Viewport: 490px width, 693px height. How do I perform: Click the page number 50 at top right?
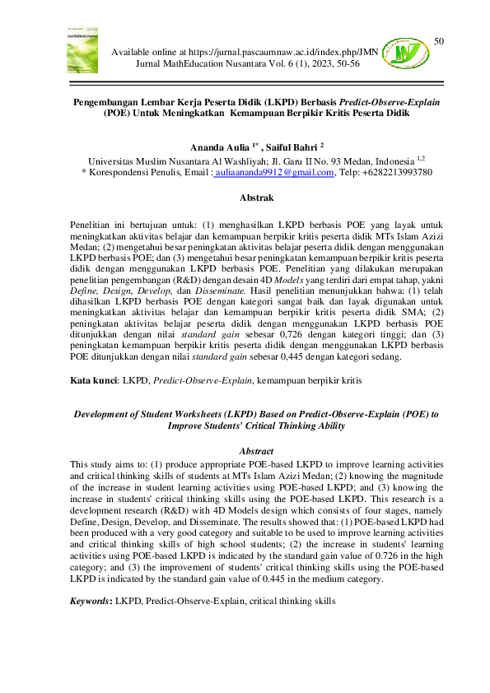point(438,41)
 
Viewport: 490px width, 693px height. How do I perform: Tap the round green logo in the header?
point(408,53)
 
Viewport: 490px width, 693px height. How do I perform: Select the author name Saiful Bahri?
point(283,146)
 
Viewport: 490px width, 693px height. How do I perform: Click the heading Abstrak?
point(245,198)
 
